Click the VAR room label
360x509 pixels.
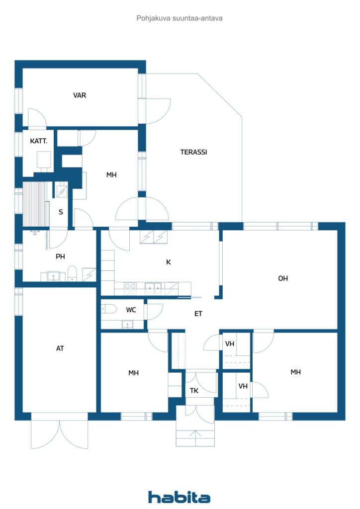pos(80,95)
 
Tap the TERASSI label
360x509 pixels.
pos(194,152)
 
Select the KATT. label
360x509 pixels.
pos(39,141)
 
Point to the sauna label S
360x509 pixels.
pos(61,212)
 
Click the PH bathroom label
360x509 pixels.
pos(60,256)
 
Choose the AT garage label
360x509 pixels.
pos(60,348)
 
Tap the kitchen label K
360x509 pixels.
pos(168,262)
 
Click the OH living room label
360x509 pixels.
pos(283,278)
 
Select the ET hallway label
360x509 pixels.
pos(198,314)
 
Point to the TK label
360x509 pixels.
pos(194,391)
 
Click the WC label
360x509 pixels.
pos(131,310)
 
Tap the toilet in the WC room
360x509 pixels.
pos(109,309)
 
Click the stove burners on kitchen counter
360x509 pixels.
pos(130,289)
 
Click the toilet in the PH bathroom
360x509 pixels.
pos(73,273)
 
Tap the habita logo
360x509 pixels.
pos(179,497)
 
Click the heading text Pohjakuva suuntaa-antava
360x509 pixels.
pos(180,18)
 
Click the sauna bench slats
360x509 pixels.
pos(34,204)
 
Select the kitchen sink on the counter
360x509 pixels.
pos(153,288)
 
